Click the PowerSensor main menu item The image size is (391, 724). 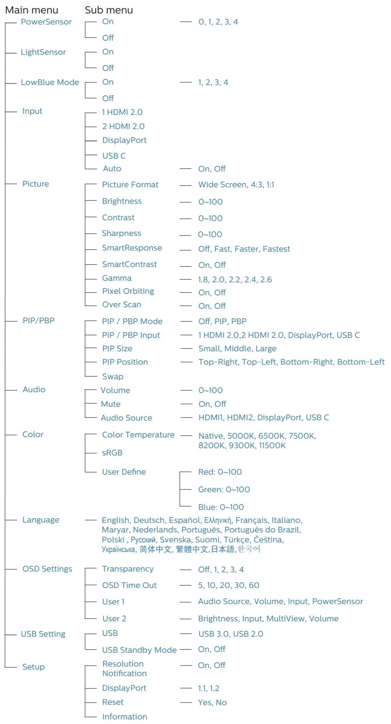(x=46, y=22)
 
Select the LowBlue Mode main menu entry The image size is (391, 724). (x=50, y=82)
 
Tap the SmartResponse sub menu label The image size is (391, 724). (x=132, y=248)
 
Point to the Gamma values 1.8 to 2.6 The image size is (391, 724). (x=235, y=280)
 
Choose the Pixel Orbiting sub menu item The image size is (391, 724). (x=128, y=291)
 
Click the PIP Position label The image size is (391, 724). (x=125, y=362)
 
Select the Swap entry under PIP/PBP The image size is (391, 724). (x=113, y=377)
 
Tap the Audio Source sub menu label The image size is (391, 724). (x=126, y=418)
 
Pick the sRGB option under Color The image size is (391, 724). (x=112, y=453)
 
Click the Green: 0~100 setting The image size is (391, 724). (x=224, y=490)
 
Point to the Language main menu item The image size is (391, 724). (x=41, y=520)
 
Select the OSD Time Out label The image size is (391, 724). (x=129, y=585)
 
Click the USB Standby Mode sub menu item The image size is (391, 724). (x=139, y=650)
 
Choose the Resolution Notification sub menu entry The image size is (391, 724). (x=124, y=668)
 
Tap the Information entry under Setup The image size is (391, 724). (x=124, y=717)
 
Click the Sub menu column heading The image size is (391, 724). (x=109, y=10)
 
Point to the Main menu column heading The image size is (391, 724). (x=31, y=10)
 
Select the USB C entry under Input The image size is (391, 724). (x=114, y=156)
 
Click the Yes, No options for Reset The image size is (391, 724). (x=212, y=703)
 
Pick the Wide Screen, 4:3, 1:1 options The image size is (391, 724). (x=236, y=185)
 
